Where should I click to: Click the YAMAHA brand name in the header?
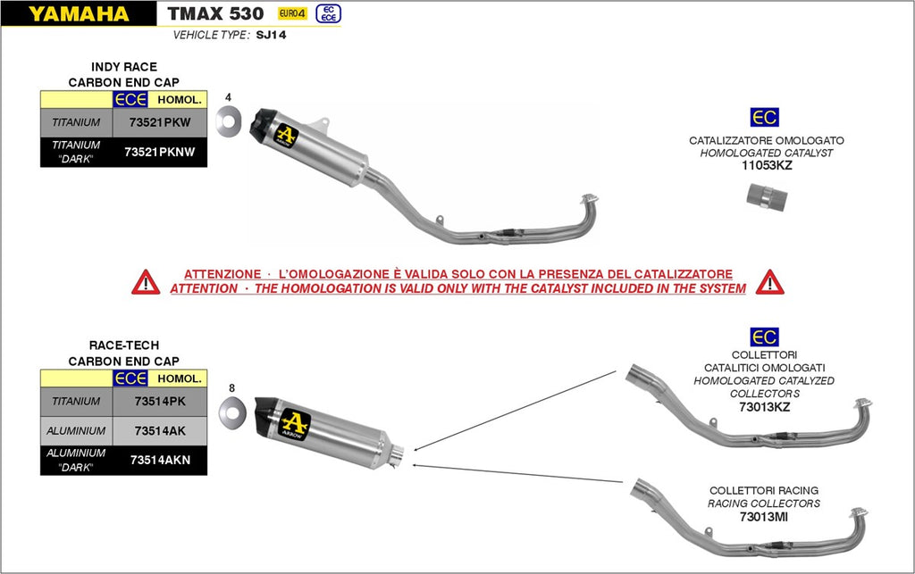coord(79,13)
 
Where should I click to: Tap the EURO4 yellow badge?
coord(290,13)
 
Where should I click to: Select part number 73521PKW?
coord(160,122)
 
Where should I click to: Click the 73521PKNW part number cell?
coord(160,152)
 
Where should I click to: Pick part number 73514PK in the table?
coord(160,402)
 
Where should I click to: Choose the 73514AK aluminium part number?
coord(160,430)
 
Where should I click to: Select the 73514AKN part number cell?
coord(160,460)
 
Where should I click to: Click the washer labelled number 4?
coord(229,121)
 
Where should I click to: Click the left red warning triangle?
coord(146,282)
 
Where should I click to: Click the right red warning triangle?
coord(769,282)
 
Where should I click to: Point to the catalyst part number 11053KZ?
coord(766,165)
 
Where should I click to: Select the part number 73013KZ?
coord(765,406)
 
